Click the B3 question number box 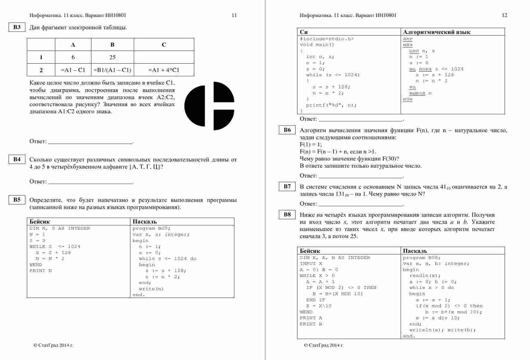click(17, 27)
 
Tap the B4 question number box click(17, 159)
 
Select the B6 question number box click(287, 130)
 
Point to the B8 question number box click(287, 215)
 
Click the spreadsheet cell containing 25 click(112, 57)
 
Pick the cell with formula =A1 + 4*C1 click(164, 70)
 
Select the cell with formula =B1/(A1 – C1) click(112, 70)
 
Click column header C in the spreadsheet click(164, 45)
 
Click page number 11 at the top click(234, 15)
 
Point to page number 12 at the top click(504, 15)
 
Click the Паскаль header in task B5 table click(145, 222)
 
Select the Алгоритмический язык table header click(437, 32)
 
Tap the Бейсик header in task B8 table click(310, 251)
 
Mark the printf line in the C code click(331, 105)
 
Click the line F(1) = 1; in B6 click(311, 144)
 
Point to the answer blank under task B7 click(361, 204)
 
